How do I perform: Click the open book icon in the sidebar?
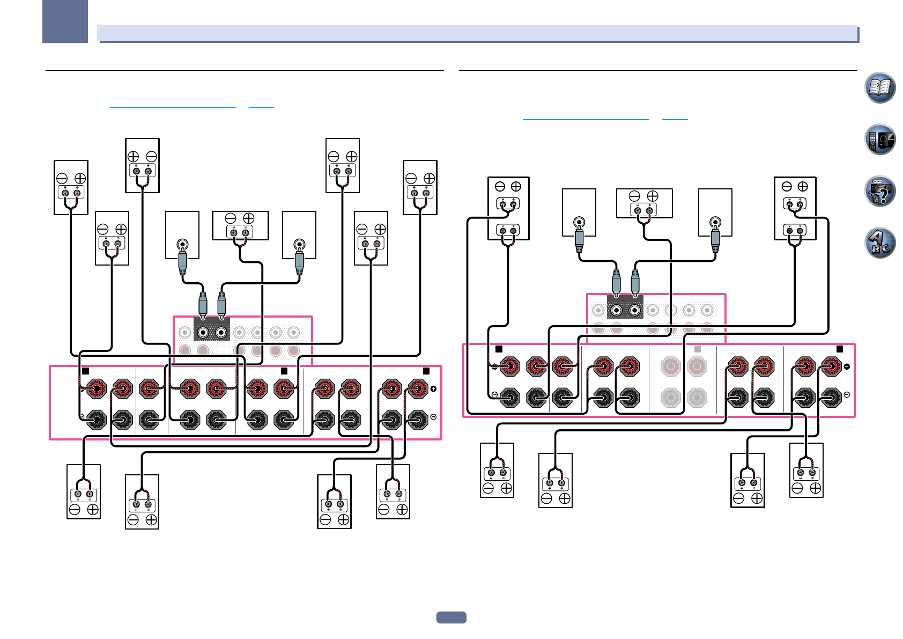coord(880,87)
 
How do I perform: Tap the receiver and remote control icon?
coord(880,139)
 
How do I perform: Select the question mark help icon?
coord(880,191)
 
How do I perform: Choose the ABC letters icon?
coord(880,243)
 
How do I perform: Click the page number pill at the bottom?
coord(451,618)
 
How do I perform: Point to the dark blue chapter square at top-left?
coord(65,21)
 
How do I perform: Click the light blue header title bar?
coord(477,33)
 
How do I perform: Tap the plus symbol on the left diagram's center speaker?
coord(249,218)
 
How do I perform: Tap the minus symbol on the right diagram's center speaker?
coord(635,196)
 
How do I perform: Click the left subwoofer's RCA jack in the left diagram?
coord(182,245)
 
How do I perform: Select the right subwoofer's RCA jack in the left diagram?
coord(299,245)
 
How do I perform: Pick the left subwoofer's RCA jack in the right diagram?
coord(579,222)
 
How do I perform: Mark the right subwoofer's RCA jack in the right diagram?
coord(715,222)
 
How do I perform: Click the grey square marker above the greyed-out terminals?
coord(698,349)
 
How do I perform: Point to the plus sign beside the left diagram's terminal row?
coord(433,389)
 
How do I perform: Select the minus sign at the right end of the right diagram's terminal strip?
coord(847,394)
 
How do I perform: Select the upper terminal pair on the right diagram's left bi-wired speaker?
coord(508,204)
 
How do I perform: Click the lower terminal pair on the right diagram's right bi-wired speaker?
coord(795,231)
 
